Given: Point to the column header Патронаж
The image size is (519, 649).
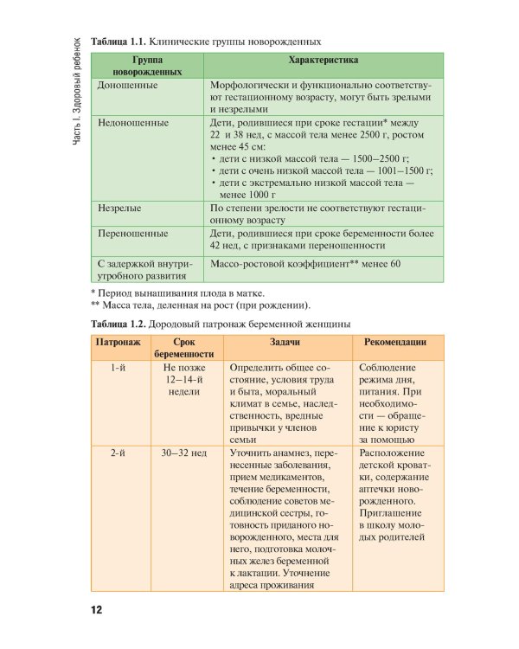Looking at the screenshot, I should pos(121,342).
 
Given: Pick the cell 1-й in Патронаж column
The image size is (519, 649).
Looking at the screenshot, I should pos(121,367).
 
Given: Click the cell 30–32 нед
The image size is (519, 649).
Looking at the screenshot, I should pos(183,453).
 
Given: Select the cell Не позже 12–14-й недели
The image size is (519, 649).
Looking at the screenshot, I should pos(183,379).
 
